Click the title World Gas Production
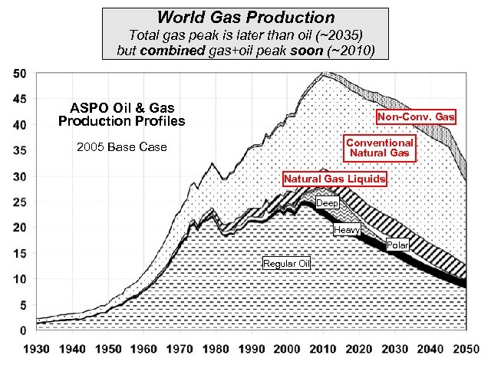point(245,17)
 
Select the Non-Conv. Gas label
point(416,117)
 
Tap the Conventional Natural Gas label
point(380,148)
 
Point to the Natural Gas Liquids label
point(334,179)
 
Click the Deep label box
point(327,203)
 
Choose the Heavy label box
point(346,230)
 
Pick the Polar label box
point(397,245)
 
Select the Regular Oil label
point(286,264)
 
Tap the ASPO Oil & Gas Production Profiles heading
point(121,114)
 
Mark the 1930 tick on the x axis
point(36,348)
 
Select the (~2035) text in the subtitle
point(338,34)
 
